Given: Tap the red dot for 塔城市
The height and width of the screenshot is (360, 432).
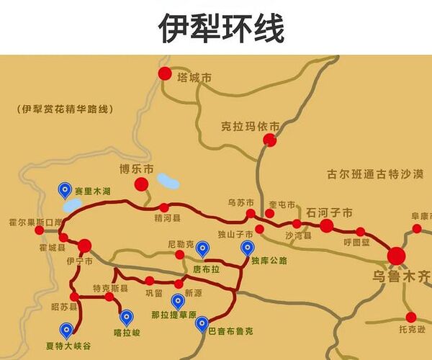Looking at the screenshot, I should (165, 73).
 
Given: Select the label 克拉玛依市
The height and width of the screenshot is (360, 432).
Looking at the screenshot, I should (250, 126).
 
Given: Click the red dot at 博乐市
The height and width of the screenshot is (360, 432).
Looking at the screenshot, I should (141, 184).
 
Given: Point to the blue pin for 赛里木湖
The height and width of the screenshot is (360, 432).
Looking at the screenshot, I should (65, 189).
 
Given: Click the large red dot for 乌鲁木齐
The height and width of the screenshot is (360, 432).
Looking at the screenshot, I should (396, 256).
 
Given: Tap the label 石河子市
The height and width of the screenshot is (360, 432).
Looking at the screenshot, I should (329, 212).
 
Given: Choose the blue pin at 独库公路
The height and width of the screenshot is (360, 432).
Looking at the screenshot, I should (247, 248).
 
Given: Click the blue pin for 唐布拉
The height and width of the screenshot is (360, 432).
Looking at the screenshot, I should (202, 249).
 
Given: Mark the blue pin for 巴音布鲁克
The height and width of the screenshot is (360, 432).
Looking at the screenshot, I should (202, 324).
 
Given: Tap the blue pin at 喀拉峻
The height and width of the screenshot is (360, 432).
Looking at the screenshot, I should (127, 316).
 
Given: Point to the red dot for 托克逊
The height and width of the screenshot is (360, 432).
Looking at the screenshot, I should (410, 317).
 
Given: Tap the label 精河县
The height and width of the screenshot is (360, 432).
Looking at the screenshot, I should (166, 217).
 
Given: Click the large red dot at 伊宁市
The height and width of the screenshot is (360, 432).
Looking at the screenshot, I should (85, 246).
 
